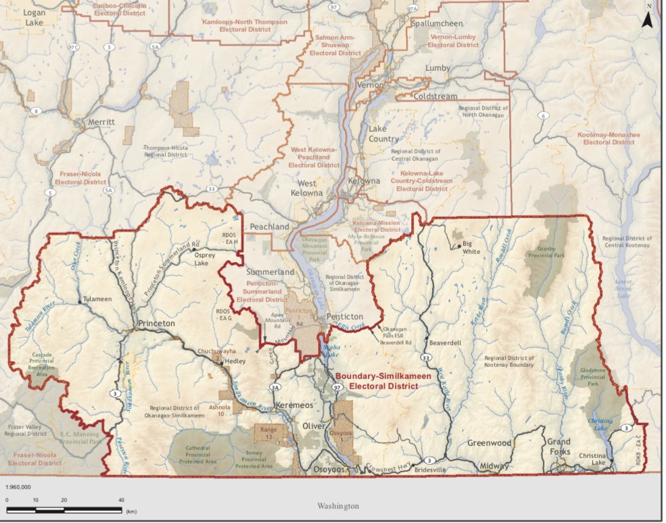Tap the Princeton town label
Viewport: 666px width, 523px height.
tap(156, 324)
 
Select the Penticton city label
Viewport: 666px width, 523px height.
tap(344, 316)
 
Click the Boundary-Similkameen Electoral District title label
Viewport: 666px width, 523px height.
tap(376, 382)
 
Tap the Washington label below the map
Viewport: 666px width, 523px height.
tap(338, 505)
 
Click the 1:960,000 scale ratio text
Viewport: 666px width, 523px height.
tap(20, 487)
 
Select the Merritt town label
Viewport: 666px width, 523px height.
tap(101, 122)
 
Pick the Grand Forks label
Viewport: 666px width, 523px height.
tap(558, 447)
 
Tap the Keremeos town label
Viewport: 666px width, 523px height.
tap(294, 405)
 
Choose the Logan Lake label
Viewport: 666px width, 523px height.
tap(34, 18)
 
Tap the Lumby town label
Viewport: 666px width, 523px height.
tap(437, 68)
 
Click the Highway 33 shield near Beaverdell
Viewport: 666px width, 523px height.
tap(426, 357)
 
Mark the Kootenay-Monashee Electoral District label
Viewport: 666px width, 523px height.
tap(608, 139)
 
